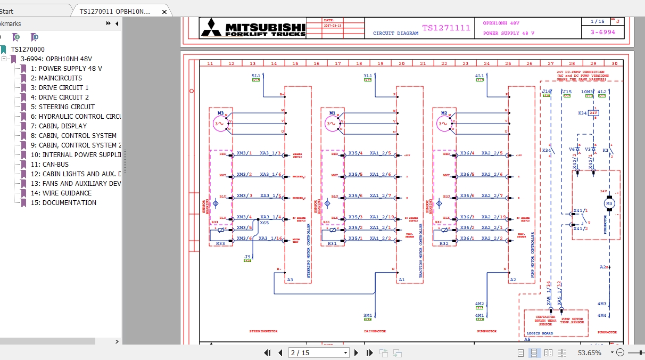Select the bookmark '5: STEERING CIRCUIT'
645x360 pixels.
[67, 107]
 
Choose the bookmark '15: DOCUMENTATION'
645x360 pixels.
[69, 203]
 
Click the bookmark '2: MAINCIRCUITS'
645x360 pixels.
[60, 78]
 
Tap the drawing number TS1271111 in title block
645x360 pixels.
[446, 28]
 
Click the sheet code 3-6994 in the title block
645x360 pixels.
[602, 32]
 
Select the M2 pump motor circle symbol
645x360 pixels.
[444, 124]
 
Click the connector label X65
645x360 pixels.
[264, 223]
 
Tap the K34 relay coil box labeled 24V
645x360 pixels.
[594, 113]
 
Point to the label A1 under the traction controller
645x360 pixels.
[401, 280]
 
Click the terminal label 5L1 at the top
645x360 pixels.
[256, 76]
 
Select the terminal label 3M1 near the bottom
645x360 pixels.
[368, 315]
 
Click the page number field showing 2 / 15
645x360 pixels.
[318, 353]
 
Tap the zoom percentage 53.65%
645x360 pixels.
[589, 353]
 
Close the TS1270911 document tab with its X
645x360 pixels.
[164, 11]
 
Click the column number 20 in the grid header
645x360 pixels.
[401, 63]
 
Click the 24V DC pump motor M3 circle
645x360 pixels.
[609, 203]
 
